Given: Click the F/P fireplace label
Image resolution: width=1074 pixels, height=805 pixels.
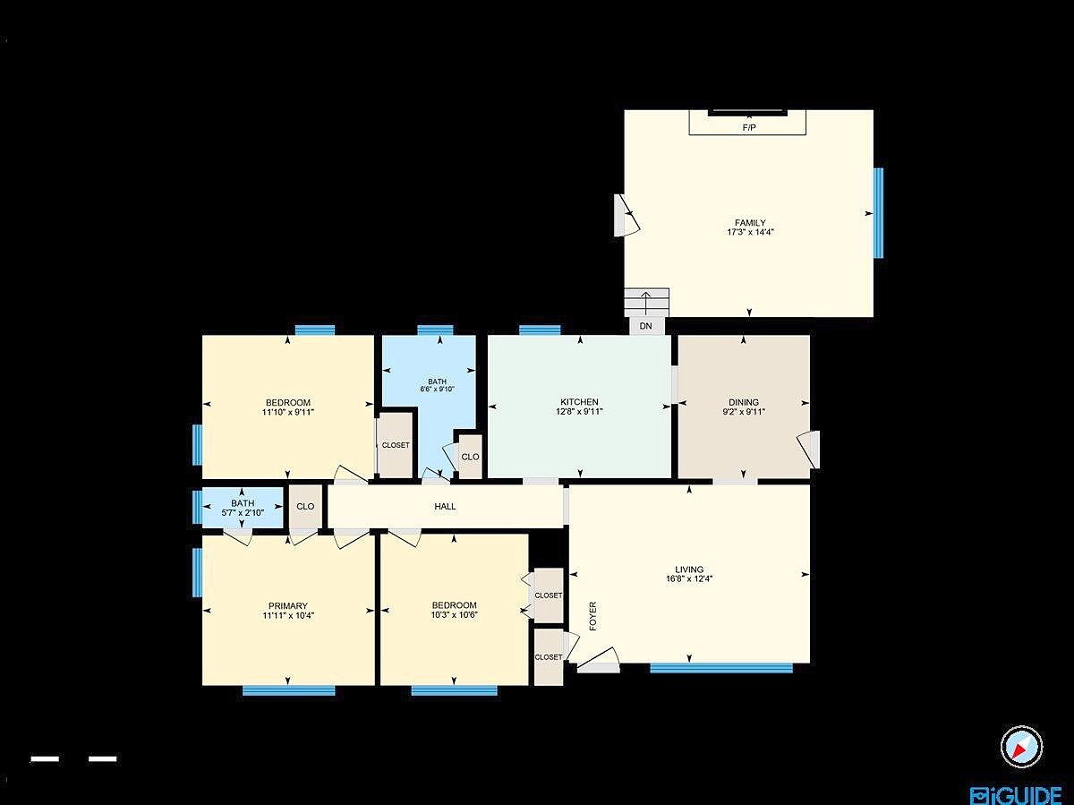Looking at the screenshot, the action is tap(749, 128).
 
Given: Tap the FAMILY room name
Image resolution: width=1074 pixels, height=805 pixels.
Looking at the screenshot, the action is tap(750, 223).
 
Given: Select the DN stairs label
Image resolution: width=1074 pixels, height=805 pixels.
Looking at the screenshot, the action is tap(646, 326).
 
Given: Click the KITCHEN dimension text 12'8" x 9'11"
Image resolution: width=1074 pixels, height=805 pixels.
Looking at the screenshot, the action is tap(579, 412).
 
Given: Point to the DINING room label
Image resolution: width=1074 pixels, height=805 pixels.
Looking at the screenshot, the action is tap(744, 402).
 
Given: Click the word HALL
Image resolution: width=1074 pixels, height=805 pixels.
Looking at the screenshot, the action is tap(445, 507).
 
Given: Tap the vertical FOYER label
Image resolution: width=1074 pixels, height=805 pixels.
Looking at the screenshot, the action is tap(593, 616).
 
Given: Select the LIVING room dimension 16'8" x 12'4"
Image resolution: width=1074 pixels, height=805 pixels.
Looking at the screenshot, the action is tap(689, 578).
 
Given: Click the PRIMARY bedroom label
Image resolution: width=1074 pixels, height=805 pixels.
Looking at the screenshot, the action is tap(287, 606).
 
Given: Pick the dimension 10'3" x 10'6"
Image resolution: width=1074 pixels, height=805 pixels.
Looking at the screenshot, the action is tap(454, 614).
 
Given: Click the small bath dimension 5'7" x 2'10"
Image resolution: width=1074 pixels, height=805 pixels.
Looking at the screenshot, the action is tap(243, 513).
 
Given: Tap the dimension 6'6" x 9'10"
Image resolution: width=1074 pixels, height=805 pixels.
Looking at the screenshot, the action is tap(437, 390).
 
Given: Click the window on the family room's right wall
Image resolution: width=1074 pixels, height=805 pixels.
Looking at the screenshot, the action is tap(879, 213).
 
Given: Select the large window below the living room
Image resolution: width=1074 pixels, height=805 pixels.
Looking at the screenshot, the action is tap(721, 667).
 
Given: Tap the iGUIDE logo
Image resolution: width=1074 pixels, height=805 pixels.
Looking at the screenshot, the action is tap(1016, 795).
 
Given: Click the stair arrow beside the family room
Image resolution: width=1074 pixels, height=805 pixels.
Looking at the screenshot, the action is tap(646, 304).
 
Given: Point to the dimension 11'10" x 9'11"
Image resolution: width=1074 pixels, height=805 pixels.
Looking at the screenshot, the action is tap(287, 412).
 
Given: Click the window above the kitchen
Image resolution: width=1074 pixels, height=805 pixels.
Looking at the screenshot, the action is tap(540, 330).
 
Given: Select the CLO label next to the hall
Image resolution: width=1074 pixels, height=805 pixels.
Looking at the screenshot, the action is tap(305, 507).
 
